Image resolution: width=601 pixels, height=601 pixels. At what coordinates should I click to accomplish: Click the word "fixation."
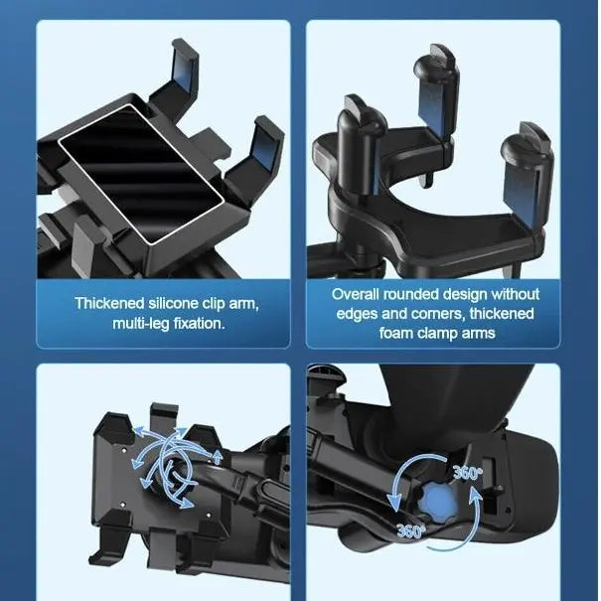(x=195, y=323)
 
